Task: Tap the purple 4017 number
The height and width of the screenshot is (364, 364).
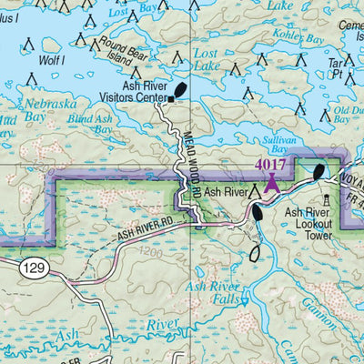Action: point(270,165)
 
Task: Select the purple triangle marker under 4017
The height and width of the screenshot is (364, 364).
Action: point(271,180)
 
